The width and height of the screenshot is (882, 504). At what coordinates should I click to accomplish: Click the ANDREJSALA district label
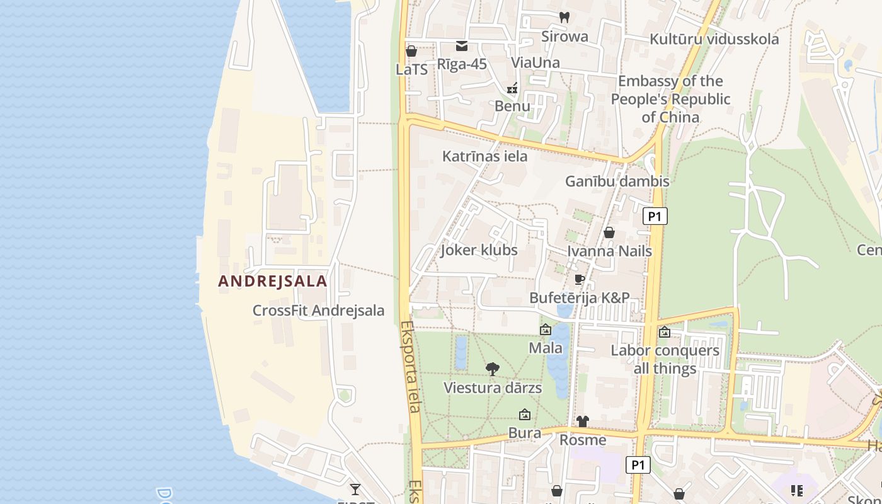click(x=273, y=281)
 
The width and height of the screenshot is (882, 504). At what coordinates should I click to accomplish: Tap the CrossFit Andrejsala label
click(x=318, y=311)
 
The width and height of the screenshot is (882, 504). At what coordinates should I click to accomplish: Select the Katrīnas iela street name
click(x=484, y=156)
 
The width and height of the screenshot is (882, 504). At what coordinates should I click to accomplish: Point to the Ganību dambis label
click(x=617, y=181)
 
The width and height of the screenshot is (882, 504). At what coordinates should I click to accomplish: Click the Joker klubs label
click(x=479, y=250)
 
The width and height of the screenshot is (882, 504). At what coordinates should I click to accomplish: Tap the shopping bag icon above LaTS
click(x=411, y=51)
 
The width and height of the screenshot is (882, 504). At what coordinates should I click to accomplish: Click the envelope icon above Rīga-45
click(x=462, y=45)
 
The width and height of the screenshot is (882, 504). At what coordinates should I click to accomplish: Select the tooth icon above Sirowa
click(x=564, y=18)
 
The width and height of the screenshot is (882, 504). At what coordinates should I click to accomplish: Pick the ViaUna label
click(x=535, y=62)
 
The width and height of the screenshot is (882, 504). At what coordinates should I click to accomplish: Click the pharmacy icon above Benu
click(x=512, y=88)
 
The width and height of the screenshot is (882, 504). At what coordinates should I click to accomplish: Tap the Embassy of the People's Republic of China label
click(x=670, y=99)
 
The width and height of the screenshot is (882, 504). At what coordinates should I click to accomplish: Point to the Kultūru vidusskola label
click(x=714, y=39)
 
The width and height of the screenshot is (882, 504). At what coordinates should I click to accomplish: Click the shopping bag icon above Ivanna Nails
click(x=609, y=232)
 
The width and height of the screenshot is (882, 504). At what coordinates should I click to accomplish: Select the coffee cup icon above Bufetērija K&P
click(x=580, y=279)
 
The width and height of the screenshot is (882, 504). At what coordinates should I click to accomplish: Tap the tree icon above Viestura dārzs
click(x=493, y=369)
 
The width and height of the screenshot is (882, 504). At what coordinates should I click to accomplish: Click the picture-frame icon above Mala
click(x=546, y=329)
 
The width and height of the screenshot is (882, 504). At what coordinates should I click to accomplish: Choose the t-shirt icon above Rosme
click(x=583, y=421)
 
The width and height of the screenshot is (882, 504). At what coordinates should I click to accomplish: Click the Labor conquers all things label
click(x=665, y=359)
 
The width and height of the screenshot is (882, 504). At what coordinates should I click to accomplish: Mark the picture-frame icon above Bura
click(x=524, y=415)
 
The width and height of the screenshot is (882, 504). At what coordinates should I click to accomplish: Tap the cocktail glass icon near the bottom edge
click(x=355, y=489)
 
